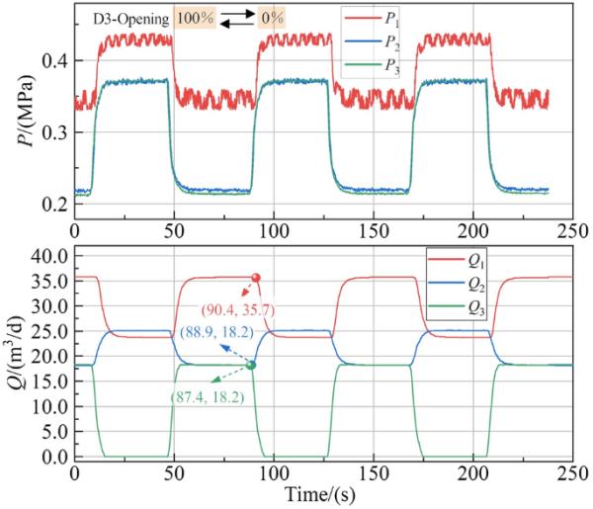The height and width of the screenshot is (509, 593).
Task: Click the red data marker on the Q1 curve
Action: [x=256, y=278]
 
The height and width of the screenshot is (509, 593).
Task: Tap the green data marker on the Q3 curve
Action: [x=250, y=366]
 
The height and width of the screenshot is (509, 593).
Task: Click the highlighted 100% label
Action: [x=193, y=19]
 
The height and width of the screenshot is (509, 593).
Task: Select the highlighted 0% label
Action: [x=272, y=19]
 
